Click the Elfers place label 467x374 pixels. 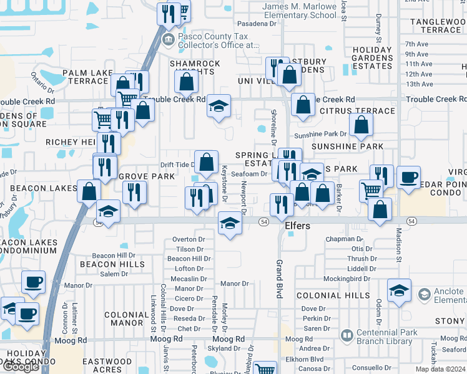tap(297, 226)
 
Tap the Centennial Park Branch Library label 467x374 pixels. tap(387, 337)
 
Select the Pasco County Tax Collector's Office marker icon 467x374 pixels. tap(168, 41)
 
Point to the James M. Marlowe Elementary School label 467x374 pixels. tap(300, 11)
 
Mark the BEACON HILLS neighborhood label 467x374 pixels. tap(112, 264)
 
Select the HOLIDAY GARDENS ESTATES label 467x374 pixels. tap(372, 58)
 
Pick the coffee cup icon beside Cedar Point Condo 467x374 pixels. tap(408, 177)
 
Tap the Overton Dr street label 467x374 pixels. tap(189, 239)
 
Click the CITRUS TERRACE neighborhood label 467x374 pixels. tap(357, 111)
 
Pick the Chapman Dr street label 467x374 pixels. tap(344, 239)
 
